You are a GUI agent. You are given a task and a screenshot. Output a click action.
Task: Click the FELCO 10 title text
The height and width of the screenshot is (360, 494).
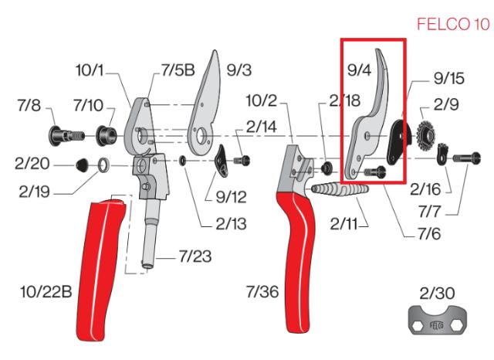454,25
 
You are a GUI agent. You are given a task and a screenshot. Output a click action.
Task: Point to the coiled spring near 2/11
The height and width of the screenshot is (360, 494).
337,190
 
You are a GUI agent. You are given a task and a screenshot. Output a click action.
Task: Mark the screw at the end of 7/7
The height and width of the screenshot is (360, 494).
464,159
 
